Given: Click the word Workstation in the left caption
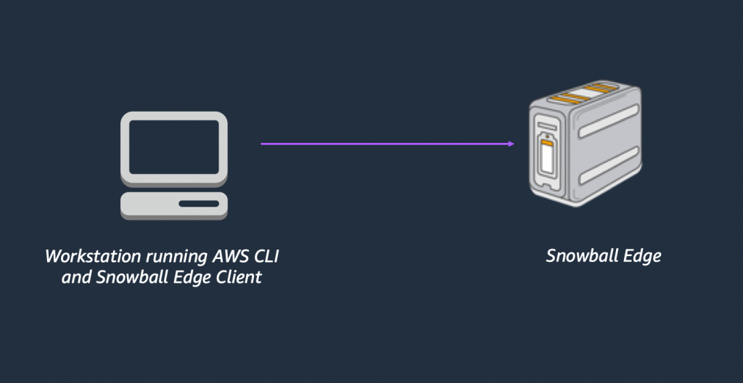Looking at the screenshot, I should (83, 257).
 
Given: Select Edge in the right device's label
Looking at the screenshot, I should (639, 257).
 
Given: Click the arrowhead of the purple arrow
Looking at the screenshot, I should (512, 144).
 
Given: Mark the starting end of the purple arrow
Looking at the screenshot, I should (263, 144).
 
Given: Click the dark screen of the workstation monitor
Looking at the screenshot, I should (174, 145).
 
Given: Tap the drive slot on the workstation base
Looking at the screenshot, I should (197, 204).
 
